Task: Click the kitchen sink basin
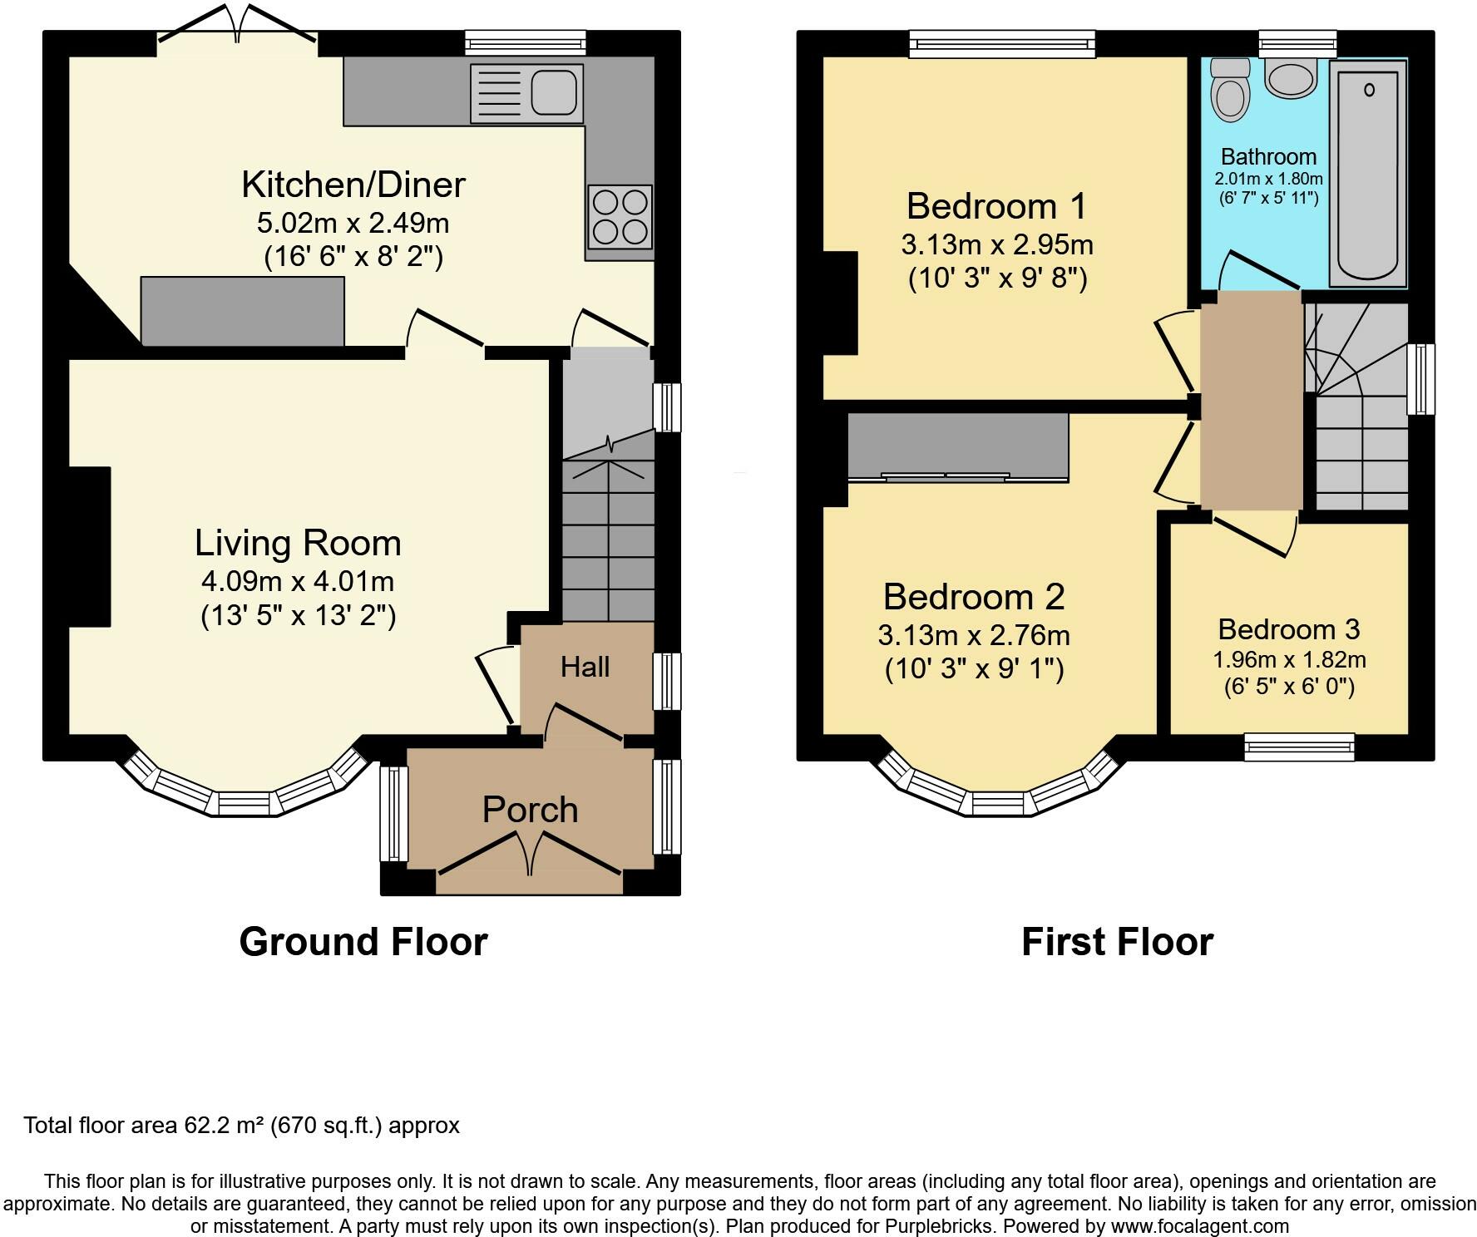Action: click(x=553, y=91)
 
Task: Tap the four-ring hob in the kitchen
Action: click(x=620, y=217)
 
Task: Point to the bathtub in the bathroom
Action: click(x=1368, y=173)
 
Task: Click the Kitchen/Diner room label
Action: click(x=353, y=185)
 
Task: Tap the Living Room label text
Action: click(x=298, y=543)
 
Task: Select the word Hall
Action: click(x=585, y=667)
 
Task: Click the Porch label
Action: click(x=531, y=810)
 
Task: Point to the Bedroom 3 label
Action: click(x=1289, y=629)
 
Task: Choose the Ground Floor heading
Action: click(x=363, y=942)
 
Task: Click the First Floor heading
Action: click(x=1117, y=942)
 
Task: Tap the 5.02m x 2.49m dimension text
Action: click(x=353, y=224)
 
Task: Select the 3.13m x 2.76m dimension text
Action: click(x=974, y=635)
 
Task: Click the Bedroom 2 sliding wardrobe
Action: click(x=958, y=447)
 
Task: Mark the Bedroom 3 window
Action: click(x=1299, y=747)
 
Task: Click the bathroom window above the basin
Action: click(x=1297, y=43)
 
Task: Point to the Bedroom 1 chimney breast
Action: click(x=840, y=303)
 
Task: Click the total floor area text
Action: click(x=241, y=1126)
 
